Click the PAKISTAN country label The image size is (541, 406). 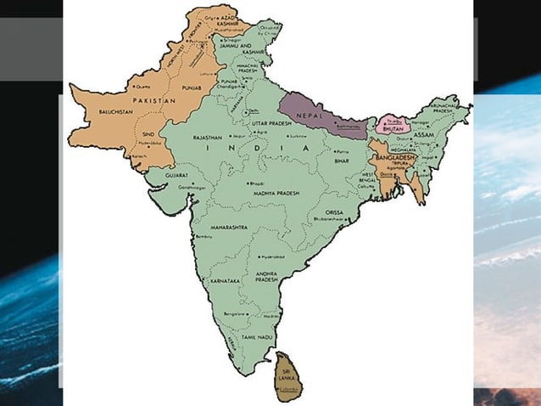pyautogui.click(x=153, y=100)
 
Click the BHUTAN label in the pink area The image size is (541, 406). pyautogui.click(x=391, y=130)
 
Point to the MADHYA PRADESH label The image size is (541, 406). pyautogui.click(x=274, y=194)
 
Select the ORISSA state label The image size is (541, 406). pyautogui.click(x=332, y=212)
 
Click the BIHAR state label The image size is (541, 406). pyautogui.click(x=342, y=159)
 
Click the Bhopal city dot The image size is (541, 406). pyautogui.click(x=247, y=183)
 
